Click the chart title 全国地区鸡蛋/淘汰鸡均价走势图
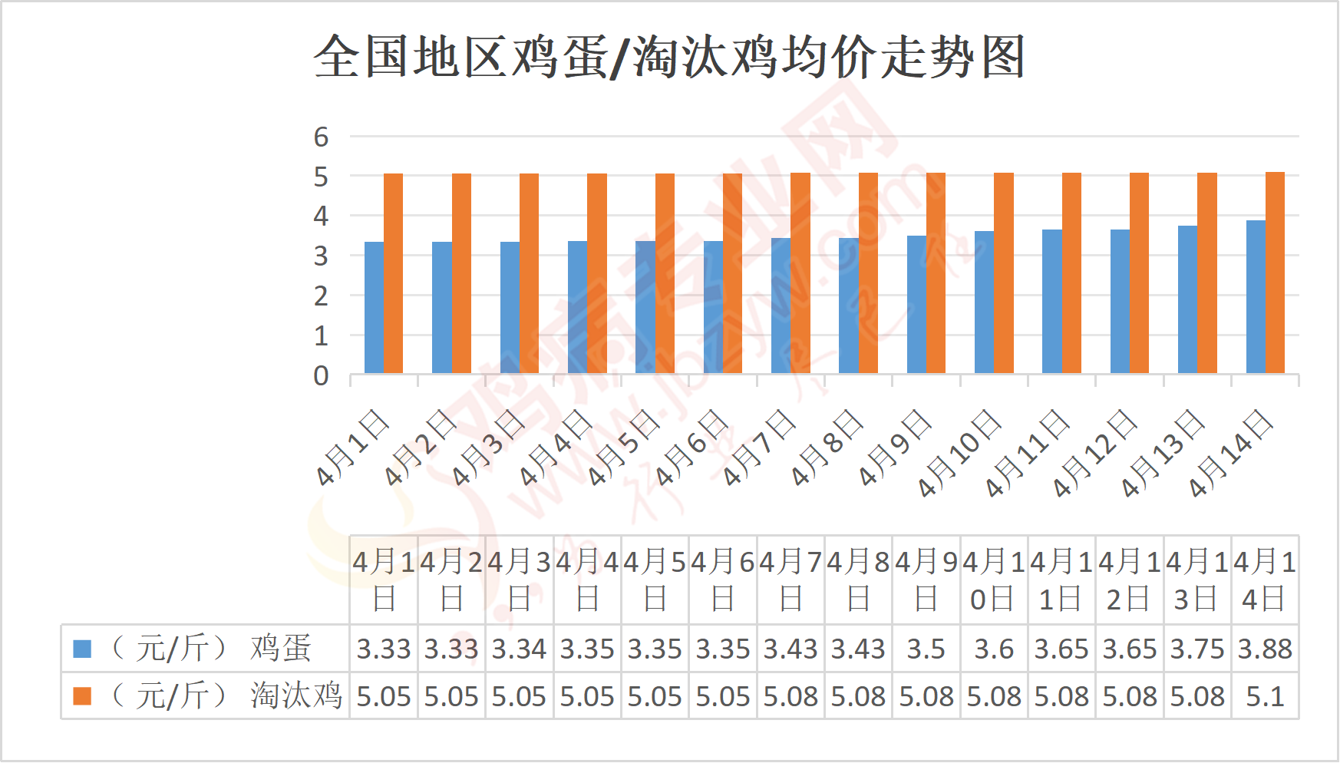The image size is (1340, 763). click(x=669, y=57)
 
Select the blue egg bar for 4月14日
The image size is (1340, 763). click(x=1256, y=297)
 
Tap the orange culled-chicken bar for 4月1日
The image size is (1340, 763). click(x=393, y=273)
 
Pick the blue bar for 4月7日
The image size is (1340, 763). click(x=781, y=306)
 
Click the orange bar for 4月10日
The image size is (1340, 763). click(x=1004, y=273)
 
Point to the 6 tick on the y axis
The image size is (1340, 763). click(x=321, y=137)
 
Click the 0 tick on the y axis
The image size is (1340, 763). click(x=321, y=376)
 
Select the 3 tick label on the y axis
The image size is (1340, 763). click(x=321, y=256)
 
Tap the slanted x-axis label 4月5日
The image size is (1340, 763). click(x=623, y=448)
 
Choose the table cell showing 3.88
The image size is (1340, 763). click(x=1265, y=649)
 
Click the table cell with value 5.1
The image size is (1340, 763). click(x=1265, y=696)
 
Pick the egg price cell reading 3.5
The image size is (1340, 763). click(x=926, y=649)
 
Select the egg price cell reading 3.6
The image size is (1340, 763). click(x=994, y=649)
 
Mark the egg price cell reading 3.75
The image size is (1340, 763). click(x=1197, y=649)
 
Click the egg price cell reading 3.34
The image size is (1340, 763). click(x=519, y=649)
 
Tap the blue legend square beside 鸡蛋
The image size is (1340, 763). click(x=82, y=649)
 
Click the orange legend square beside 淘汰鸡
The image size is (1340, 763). click(x=82, y=696)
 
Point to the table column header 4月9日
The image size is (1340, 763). click(x=926, y=580)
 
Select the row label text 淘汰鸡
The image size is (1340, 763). click(x=295, y=696)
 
